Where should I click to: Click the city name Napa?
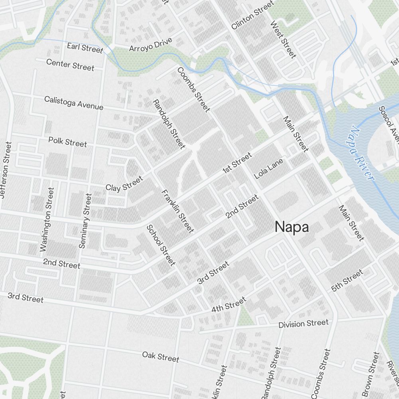point(292,227)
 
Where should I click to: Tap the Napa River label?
point(361,153)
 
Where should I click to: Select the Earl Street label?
point(85,47)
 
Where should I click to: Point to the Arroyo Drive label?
point(150,45)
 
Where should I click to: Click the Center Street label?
point(70,64)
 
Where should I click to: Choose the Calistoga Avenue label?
point(74,103)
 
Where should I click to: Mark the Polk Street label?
point(67,142)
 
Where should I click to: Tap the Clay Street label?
point(124,183)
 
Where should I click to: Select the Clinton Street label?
point(253,15)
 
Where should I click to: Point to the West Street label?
point(283,40)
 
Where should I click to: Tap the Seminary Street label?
point(85,221)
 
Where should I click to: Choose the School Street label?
point(161,245)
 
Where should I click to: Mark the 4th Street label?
point(229,305)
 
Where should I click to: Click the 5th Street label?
point(347,280)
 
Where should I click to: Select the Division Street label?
point(303,323)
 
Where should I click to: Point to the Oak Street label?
point(161,356)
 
